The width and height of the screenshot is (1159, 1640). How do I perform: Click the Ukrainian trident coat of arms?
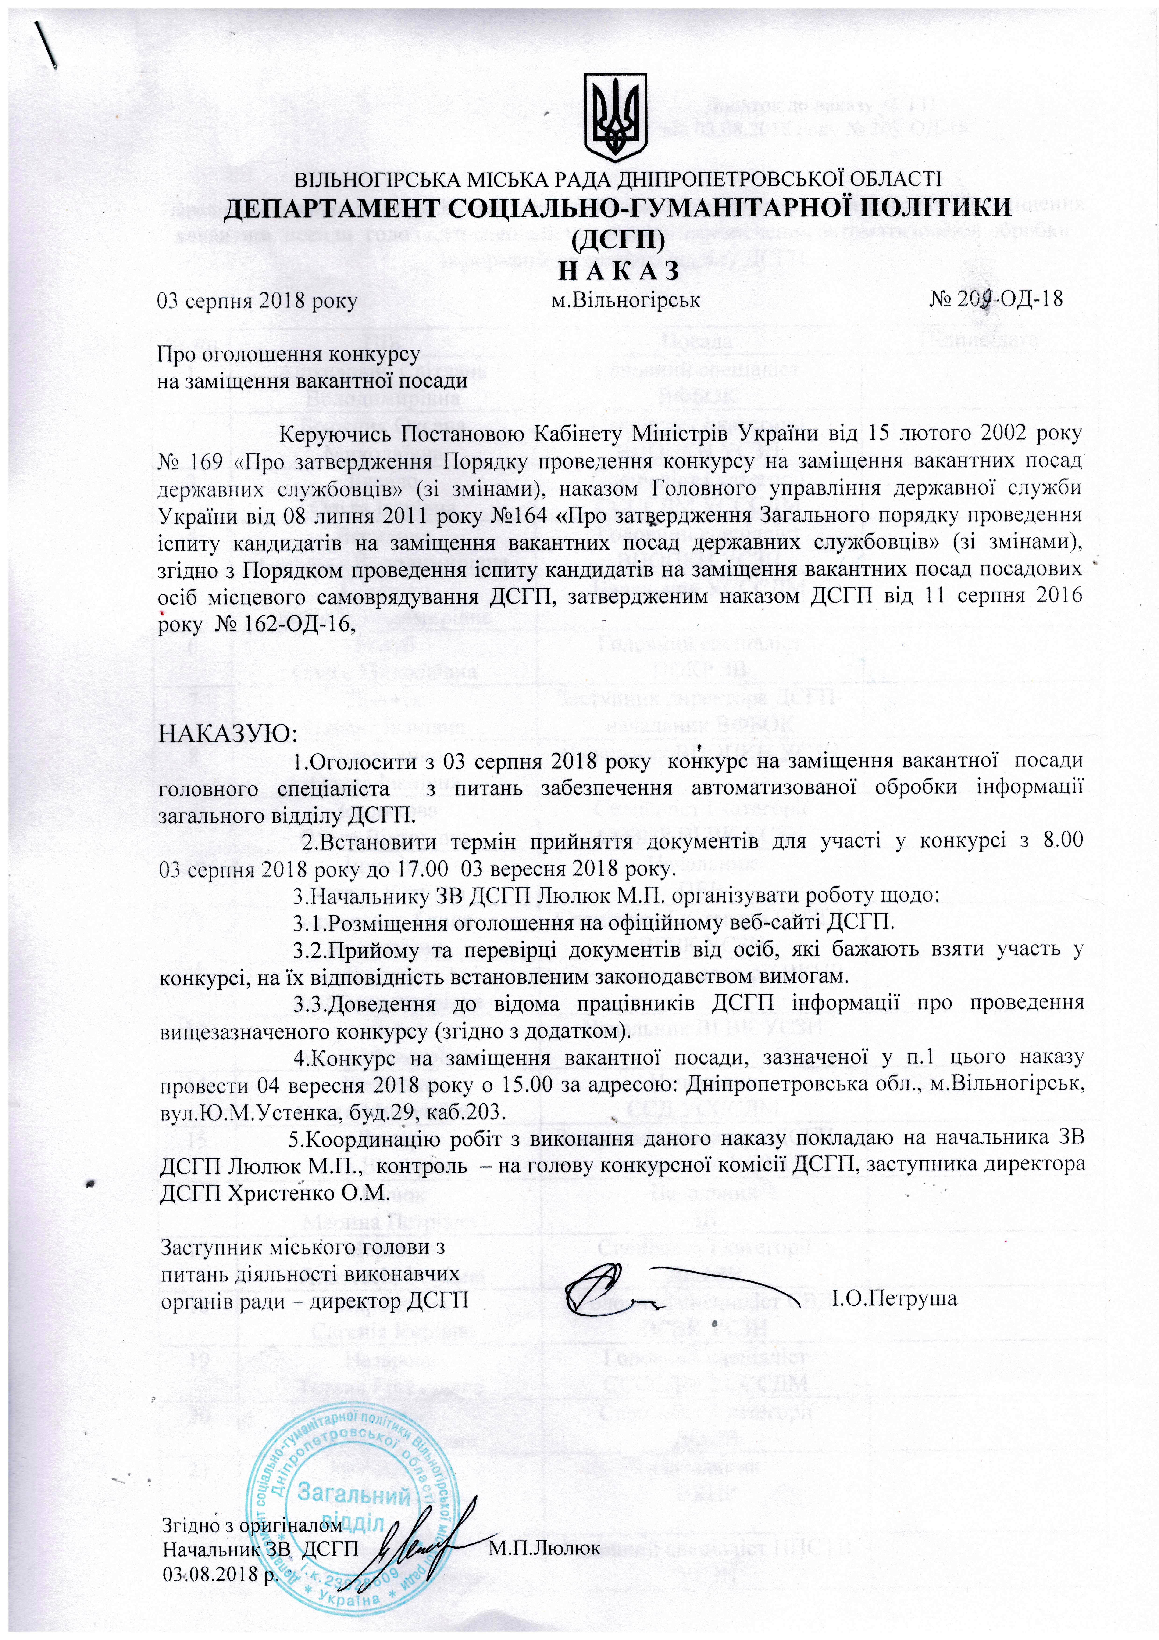(616, 116)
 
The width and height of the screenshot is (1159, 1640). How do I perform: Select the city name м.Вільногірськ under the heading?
(626, 300)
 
